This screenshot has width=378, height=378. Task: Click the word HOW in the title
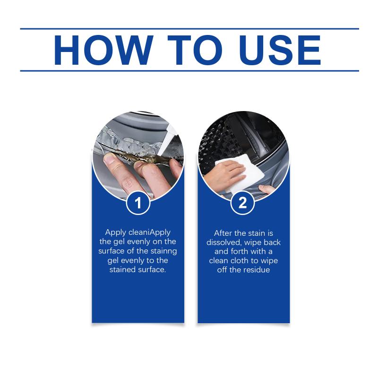tap(103, 50)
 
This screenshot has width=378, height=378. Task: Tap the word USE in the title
tap(280, 50)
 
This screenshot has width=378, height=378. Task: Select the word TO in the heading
tap(195, 50)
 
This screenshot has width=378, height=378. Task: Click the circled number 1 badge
tap(138, 203)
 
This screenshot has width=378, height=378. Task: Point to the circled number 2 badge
tap(242, 203)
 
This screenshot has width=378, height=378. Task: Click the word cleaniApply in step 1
tap(149, 232)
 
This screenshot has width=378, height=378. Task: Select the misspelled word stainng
tap(163, 251)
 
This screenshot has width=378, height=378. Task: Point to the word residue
tap(256, 269)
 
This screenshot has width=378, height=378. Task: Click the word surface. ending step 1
tap(151, 269)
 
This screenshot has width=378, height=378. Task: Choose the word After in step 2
tap(223, 233)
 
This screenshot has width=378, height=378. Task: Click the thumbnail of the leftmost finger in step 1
tap(110, 159)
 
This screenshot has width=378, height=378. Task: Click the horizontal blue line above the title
tap(189, 29)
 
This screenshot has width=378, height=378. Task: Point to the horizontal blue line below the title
tap(189, 71)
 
